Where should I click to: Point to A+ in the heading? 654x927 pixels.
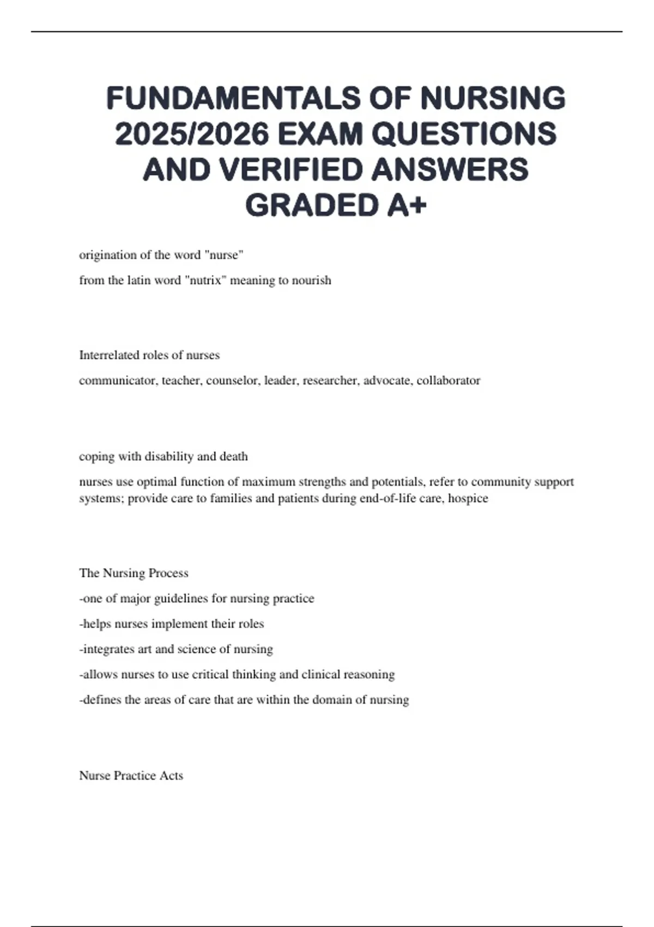click(407, 206)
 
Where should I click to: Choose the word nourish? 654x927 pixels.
click(312, 280)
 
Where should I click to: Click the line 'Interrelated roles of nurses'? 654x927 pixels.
click(149, 355)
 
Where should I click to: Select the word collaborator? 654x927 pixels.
click(449, 381)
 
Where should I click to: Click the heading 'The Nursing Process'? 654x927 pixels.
click(134, 573)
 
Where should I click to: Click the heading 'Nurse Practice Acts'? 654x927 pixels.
click(131, 775)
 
